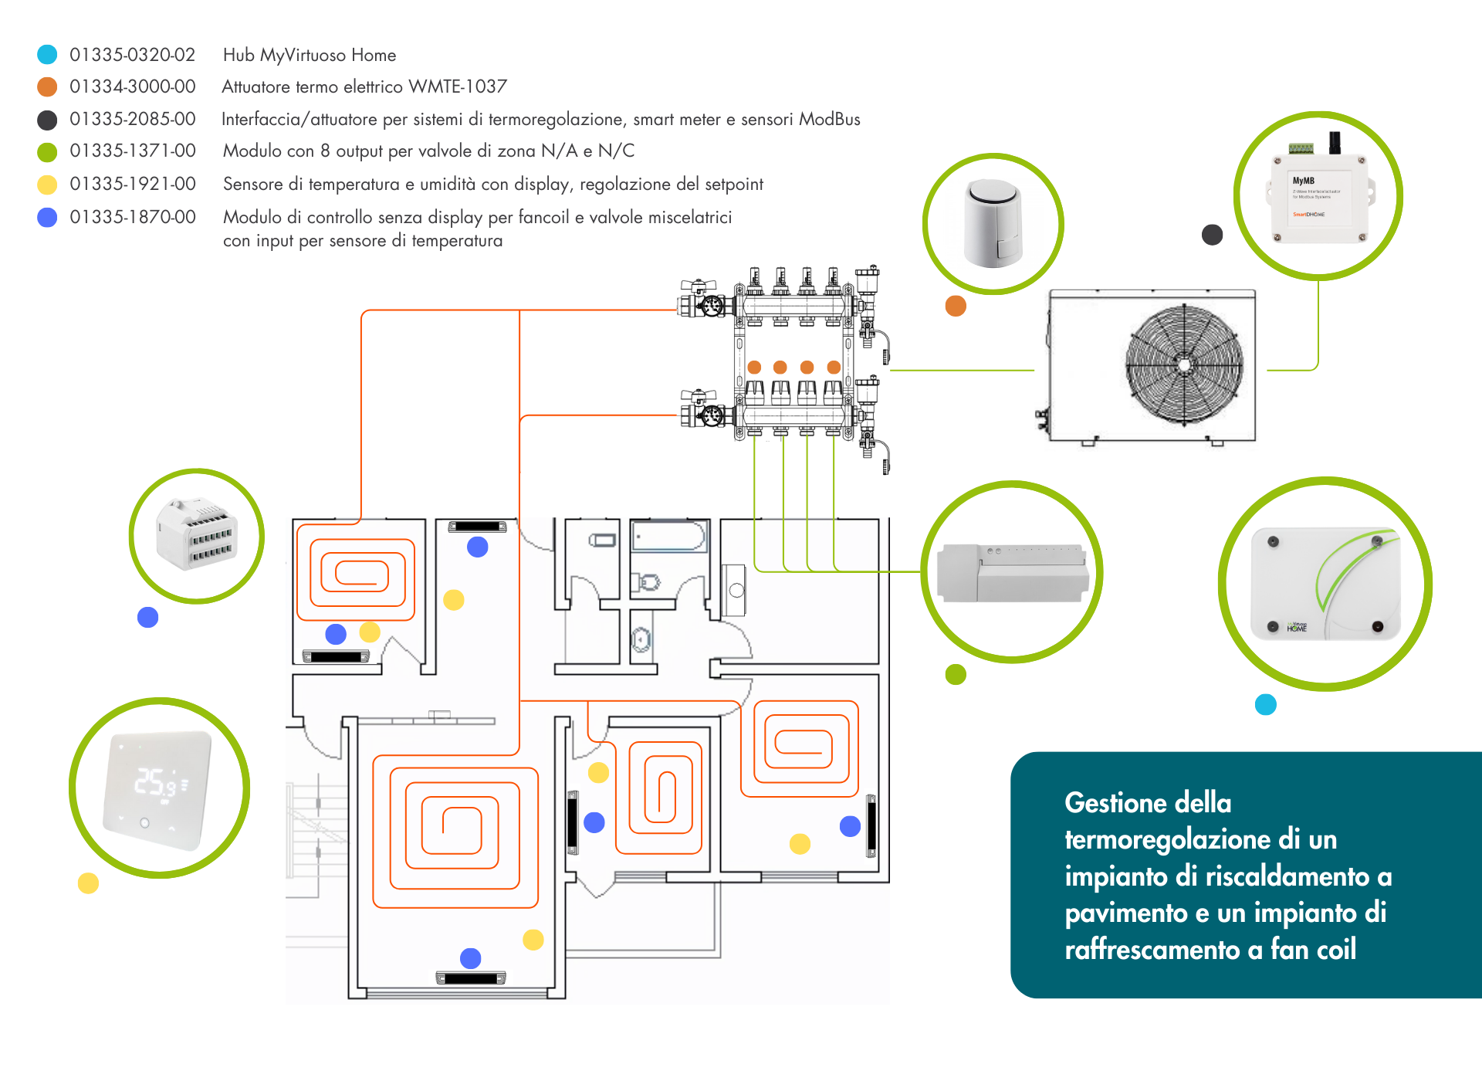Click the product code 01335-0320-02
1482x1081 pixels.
click(132, 55)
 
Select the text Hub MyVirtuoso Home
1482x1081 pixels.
click(309, 55)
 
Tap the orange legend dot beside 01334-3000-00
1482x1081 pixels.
click(47, 86)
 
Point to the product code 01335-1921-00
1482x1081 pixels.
click(132, 184)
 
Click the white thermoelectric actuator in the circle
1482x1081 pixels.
click(993, 223)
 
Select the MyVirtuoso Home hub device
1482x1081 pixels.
click(1325, 584)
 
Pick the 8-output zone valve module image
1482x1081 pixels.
click(1012, 573)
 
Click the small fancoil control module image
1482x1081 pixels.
click(197, 535)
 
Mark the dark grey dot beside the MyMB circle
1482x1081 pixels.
click(1212, 235)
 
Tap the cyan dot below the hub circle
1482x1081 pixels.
click(1265, 704)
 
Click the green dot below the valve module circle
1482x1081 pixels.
click(956, 674)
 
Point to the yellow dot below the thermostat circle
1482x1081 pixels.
click(88, 883)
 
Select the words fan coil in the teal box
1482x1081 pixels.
click(1313, 950)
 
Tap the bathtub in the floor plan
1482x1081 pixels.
click(668, 536)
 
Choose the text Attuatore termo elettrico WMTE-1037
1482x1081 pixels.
click(364, 86)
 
